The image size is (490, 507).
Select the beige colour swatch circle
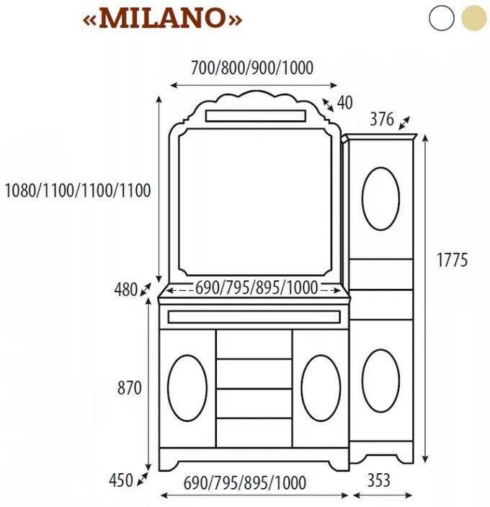coord(473,17)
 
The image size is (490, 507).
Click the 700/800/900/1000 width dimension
coord(251,68)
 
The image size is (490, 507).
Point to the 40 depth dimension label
coord(344,103)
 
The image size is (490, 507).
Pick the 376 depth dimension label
coord(382,120)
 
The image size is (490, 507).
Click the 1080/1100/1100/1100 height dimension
coord(77,191)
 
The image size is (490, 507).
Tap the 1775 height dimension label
coord(453,260)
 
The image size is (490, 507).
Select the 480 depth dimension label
coord(125,290)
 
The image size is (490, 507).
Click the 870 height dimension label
coord(129,387)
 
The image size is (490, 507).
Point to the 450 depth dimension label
coord(120,480)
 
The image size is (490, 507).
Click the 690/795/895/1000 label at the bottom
coord(245,482)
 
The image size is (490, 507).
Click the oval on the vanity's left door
coord(187,387)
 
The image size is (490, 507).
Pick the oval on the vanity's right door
coord(321,387)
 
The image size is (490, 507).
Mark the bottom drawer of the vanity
coord(254,432)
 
